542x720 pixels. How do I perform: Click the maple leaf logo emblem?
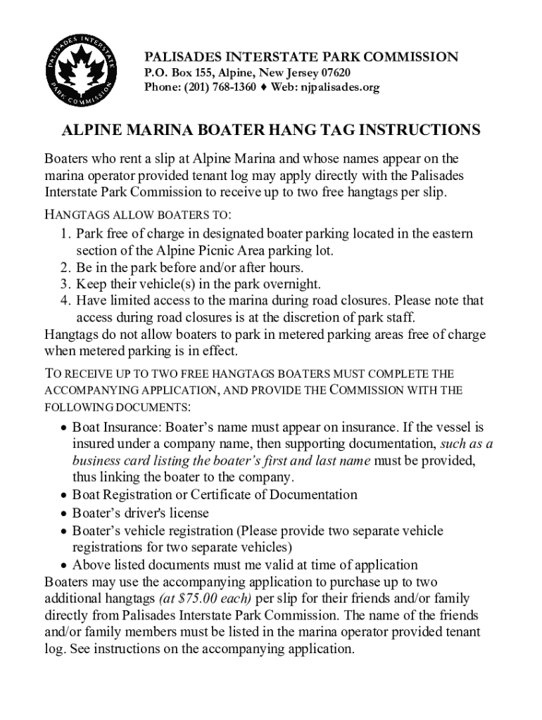pos(82,69)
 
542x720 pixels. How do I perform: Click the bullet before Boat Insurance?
pos(64,428)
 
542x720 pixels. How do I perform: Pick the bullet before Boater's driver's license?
pos(64,514)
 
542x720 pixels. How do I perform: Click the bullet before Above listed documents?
pos(64,566)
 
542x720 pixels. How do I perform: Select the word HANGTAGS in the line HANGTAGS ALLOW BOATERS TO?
pos(71,214)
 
